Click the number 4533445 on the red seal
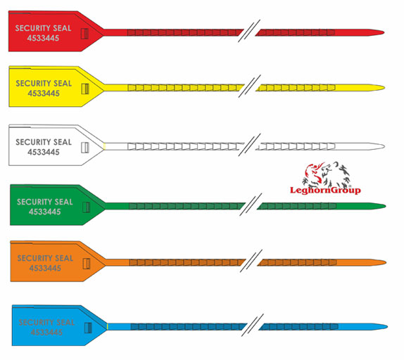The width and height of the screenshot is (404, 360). (x=44, y=39)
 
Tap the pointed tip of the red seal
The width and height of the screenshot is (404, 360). (x=384, y=32)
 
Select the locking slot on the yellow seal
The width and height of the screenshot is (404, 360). (x=85, y=89)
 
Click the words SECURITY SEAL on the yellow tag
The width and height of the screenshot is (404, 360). (x=44, y=84)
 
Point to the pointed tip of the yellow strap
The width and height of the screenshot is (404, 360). (x=384, y=88)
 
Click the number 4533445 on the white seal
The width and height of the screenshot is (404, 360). (x=44, y=152)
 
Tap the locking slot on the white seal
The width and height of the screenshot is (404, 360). (x=85, y=148)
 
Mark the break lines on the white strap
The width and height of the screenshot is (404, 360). (x=249, y=145)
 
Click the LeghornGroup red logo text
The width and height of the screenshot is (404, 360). (x=325, y=191)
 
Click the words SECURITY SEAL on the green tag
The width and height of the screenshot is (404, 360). (x=45, y=202)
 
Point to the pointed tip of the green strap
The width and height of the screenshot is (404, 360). (x=386, y=206)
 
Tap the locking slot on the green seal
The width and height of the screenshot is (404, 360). (x=87, y=207)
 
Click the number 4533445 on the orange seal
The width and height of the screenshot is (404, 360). (x=45, y=268)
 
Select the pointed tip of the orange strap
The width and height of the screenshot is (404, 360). (x=386, y=262)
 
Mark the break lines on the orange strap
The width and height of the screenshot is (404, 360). (x=251, y=261)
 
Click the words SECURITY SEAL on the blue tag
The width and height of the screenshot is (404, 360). (x=46, y=323)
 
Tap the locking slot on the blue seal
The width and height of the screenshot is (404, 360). (x=88, y=328)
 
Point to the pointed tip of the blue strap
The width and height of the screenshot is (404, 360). (x=387, y=327)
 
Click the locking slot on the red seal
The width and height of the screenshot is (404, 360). (x=84, y=34)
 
